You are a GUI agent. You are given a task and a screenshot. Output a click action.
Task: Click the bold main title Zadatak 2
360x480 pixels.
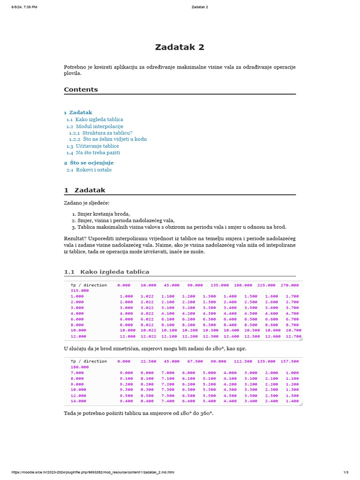[180, 47]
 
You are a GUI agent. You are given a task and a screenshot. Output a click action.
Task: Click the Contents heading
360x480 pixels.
[81, 90]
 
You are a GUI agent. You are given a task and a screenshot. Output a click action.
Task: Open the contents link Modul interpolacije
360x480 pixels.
[99, 127]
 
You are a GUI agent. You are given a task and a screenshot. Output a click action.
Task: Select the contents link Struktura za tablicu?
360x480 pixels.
[107, 133]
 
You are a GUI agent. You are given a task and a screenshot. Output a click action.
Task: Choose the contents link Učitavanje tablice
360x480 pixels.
[97, 146]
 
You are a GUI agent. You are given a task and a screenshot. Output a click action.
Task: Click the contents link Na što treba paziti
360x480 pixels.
[97, 153]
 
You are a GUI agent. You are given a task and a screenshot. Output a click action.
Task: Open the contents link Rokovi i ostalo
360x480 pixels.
[94, 170]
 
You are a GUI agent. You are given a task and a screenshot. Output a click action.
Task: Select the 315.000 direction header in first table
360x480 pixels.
[79, 291]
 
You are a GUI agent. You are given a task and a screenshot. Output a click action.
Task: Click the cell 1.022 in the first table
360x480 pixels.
[147, 296]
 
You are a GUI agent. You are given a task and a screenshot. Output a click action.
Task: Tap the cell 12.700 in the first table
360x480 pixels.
[292, 336]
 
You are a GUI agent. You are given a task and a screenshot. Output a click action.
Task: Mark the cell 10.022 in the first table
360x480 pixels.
[147, 330]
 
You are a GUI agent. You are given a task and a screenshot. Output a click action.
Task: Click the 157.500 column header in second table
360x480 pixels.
[289, 361]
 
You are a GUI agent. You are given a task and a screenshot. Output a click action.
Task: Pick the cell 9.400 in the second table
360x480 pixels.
[126, 401]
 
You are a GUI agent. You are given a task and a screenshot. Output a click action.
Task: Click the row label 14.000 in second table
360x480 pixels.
[78, 401]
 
